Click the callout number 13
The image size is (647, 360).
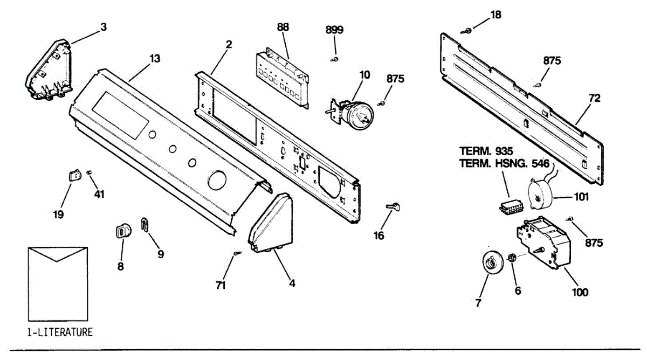tap(155, 58)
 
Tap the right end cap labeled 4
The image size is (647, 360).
tap(272, 224)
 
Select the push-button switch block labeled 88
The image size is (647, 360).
tap(283, 78)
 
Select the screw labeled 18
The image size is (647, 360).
tap(469, 30)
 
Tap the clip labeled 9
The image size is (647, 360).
tap(144, 225)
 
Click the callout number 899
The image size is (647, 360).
tap(334, 30)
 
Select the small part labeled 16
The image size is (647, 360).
tap(394, 206)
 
